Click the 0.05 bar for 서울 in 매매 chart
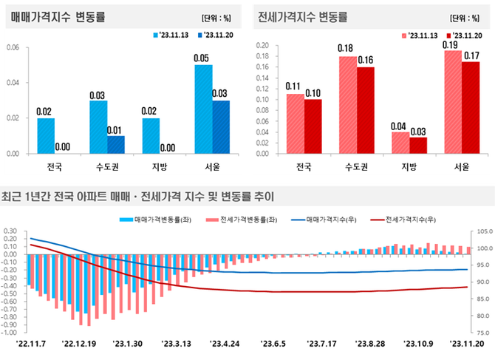pos(202,109)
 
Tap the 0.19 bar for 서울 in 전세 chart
pos(453,101)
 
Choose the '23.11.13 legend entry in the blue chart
pos(173,35)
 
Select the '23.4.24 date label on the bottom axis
pos(225,343)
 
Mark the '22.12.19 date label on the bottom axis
pos(80,343)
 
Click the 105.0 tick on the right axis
pos(485,231)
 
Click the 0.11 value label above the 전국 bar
pos(295,86)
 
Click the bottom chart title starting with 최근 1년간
pos(137,197)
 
